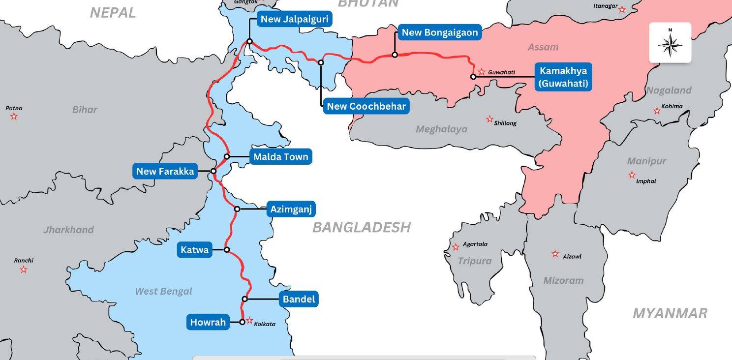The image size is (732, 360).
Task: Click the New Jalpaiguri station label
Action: [294, 20]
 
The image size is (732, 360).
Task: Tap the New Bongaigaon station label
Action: [439, 33]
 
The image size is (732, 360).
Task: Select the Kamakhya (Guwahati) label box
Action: [563, 77]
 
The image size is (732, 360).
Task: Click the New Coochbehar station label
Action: [366, 106]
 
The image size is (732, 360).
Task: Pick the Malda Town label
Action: [280, 157]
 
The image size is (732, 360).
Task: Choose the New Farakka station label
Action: [165, 172]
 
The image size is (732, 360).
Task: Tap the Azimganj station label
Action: [291, 210]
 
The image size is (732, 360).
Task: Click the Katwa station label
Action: [194, 250]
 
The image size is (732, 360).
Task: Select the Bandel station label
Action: [299, 299]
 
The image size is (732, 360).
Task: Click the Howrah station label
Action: [208, 323]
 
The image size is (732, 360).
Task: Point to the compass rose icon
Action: [670, 43]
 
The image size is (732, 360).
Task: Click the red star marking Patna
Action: [14, 117]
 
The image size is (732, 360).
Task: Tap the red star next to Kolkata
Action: [249, 321]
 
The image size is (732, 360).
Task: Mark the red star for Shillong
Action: [489, 119]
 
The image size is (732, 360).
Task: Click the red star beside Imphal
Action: [632, 175]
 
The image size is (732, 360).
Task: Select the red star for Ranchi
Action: [23, 270]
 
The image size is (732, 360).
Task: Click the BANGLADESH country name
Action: [361, 227]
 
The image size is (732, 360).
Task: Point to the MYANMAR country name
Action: [670, 313]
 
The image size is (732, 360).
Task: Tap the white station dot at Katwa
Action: [227, 250]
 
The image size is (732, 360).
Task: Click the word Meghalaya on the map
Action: [441, 129]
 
